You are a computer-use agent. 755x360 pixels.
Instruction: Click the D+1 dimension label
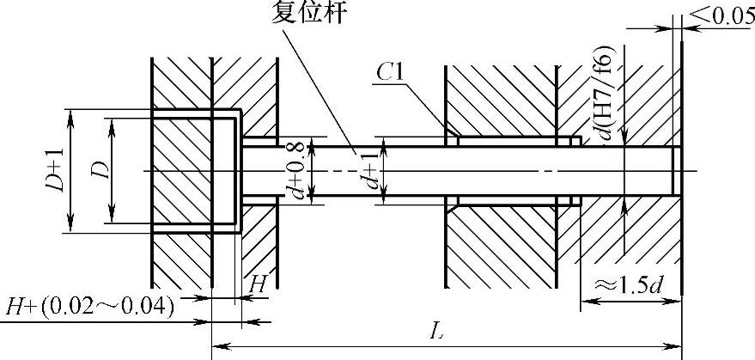[x=57, y=170]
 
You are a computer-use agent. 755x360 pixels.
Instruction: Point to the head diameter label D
[x=100, y=170]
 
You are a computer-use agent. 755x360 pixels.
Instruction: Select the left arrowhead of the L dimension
[x=216, y=346]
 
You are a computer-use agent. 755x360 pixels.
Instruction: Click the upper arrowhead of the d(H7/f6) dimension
[x=624, y=141]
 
